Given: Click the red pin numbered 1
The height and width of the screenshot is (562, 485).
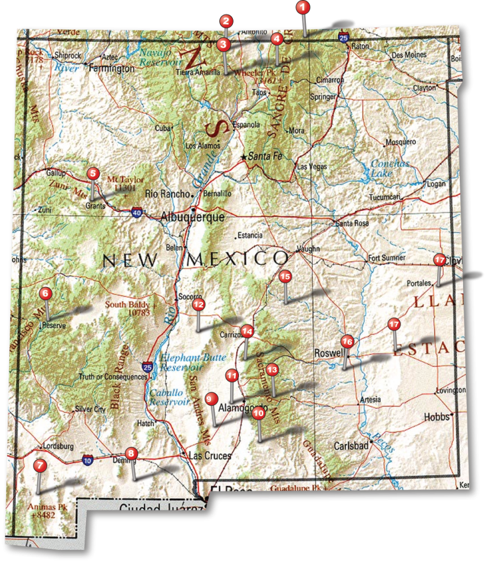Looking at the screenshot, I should (303, 8).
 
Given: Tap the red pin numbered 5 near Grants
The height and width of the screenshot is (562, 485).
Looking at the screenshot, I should (93, 174).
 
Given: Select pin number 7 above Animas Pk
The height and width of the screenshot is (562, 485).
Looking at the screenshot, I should (39, 465).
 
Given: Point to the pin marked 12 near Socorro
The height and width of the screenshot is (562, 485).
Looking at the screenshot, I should (198, 304).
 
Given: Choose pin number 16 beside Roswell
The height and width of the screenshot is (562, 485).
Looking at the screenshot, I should (347, 341).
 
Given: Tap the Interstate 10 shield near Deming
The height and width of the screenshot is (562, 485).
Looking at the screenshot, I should (87, 460).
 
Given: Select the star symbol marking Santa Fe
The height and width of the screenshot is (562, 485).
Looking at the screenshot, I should (244, 156).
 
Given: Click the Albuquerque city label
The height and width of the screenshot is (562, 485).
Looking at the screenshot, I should (192, 217).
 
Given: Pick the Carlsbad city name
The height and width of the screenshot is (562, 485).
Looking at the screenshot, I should (351, 446).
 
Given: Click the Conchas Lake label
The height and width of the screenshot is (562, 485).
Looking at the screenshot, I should (390, 168).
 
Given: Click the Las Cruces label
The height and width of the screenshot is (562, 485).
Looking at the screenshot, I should (210, 456).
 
